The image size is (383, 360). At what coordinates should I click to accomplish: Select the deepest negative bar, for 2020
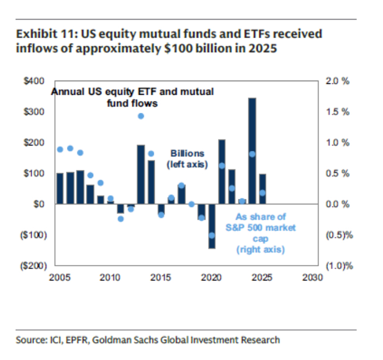211,226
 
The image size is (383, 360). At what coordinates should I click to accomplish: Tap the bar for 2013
141,174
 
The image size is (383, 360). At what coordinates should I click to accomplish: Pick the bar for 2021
222,172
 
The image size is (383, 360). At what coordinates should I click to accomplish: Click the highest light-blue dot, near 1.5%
141,116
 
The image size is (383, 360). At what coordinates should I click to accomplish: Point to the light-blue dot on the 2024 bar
252,154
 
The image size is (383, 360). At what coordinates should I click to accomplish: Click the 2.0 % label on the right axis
338,81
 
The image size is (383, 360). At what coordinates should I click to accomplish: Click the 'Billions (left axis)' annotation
189,158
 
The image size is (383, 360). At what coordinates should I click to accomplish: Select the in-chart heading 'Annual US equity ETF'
132,91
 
